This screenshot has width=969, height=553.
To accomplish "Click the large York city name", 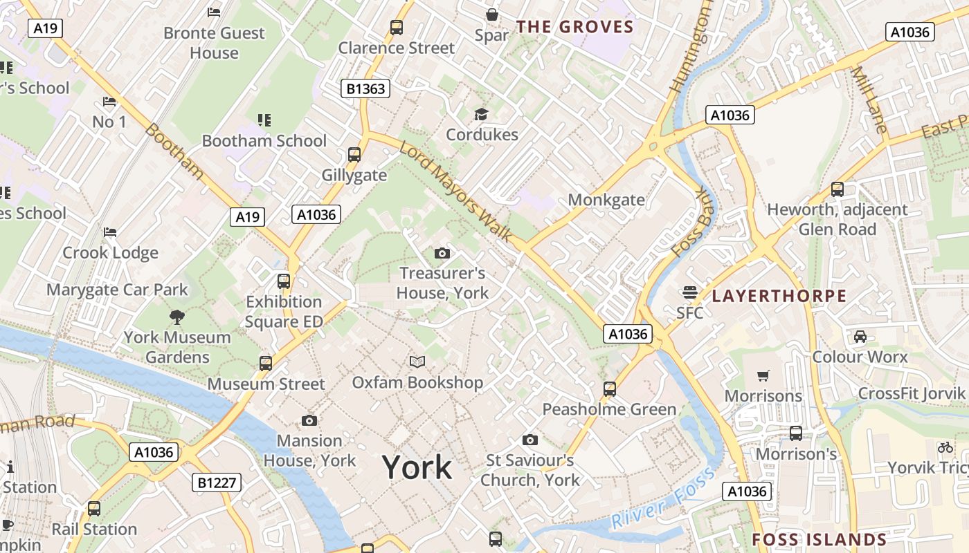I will tap(417, 468).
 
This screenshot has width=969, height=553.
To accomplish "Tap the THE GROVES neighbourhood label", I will tap(574, 27).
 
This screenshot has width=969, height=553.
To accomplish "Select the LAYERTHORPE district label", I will tap(779, 296).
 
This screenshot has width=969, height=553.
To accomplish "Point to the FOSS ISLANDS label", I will tap(819, 539).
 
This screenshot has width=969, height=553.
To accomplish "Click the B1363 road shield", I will tap(366, 88).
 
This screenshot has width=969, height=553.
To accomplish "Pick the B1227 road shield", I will tap(217, 482).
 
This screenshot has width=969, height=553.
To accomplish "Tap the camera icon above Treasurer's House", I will tap(442, 254).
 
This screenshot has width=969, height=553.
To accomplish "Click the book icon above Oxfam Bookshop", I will tap(417, 362).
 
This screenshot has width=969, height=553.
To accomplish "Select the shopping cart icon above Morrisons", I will tap(763, 375).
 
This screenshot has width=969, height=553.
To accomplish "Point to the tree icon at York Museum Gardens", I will tap(177, 317).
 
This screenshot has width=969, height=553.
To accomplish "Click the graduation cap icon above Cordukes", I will tap(481, 114).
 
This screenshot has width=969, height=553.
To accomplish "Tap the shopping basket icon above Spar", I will tap(491, 14).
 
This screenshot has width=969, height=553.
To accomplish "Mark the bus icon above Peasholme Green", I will tap(610, 388).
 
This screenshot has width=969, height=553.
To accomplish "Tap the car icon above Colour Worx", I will tap(860, 337).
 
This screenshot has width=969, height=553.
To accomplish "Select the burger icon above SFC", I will tap(689, 292).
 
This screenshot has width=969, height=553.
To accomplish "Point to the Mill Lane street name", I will tap(868, 100).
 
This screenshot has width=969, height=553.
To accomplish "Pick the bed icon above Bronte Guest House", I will tap(214, 12).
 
